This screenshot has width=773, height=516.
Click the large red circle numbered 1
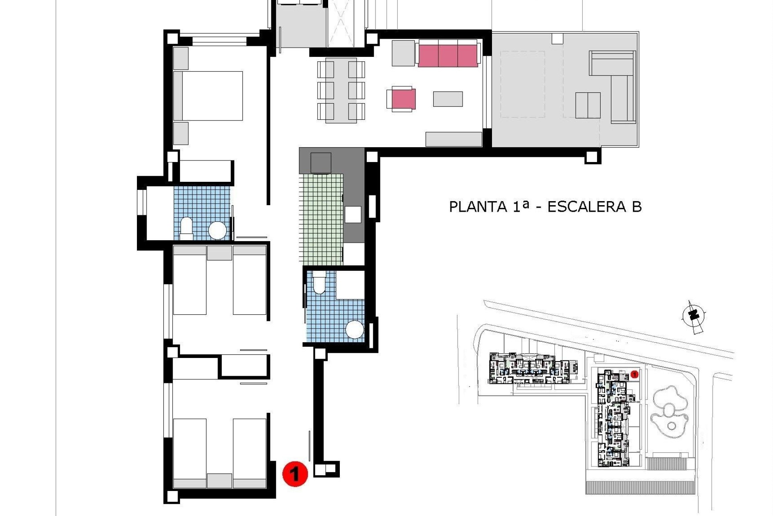[x=295, y=473]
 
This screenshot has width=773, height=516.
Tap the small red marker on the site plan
[x=635, y=375]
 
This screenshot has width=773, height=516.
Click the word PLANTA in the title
[x=477, y=206]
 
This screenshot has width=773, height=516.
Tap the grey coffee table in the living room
[x=448, y=99]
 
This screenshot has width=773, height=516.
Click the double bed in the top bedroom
[x=208, y=96]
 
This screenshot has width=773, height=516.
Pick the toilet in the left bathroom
[x=186, y=227]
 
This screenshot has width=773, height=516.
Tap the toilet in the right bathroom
[x=319, y=282]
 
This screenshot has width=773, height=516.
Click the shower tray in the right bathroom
[x=349, y=285]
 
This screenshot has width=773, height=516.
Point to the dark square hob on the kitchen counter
[x=321, y=163]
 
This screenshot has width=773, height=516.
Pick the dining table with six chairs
[x=341, y=90]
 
